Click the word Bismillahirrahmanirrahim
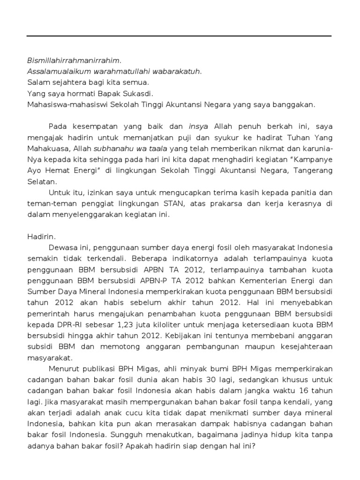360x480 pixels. [74, 60]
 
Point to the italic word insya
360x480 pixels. [198, 126]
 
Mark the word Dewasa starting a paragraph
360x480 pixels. [63, 248]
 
